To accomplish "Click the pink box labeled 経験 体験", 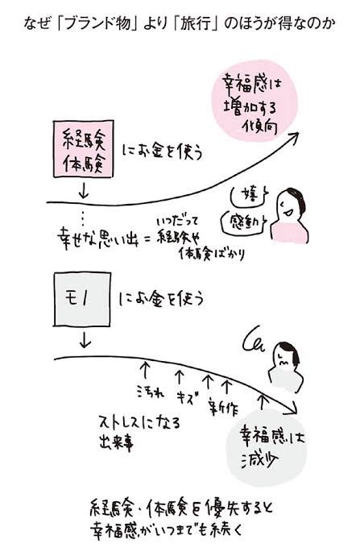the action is [x=84, y=149].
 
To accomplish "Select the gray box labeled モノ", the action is [x=82, y=299].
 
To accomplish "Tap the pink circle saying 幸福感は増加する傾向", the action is [x=254, y=101].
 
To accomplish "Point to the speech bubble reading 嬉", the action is [x=249, y=195].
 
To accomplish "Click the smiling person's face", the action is [x=289, y=206].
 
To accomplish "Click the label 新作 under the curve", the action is [x=223, y=407].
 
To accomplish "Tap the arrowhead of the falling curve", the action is [x=294, y=410].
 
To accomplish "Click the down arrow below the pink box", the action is [x=84, y=190].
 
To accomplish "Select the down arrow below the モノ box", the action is [x=85, y=340].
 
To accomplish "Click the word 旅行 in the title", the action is [x=196, y=23].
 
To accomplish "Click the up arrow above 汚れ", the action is [x=145, y=371].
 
